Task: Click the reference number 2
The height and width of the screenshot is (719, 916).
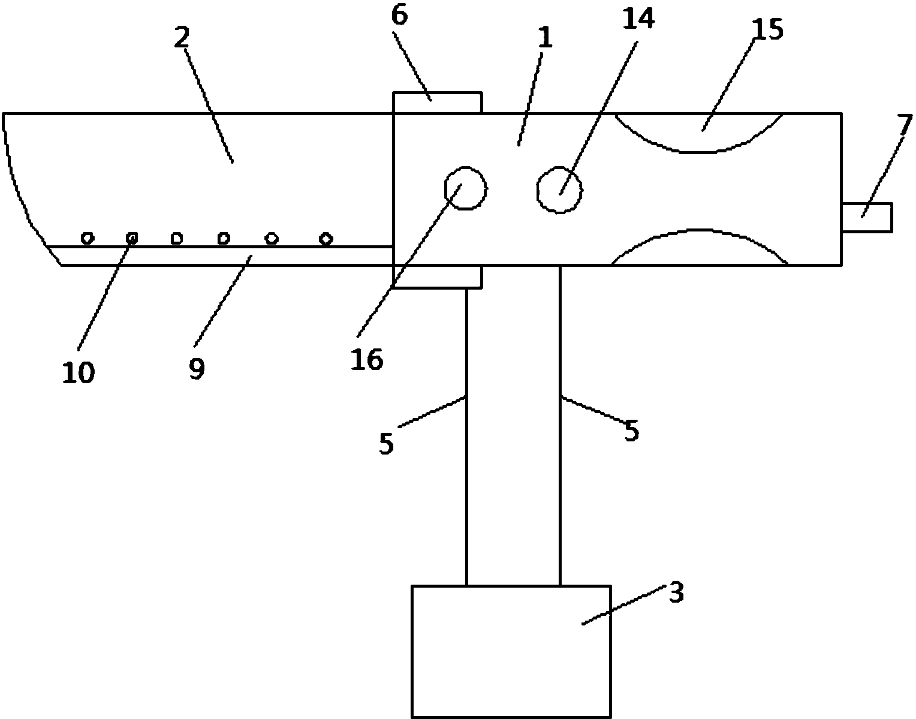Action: [182, 38]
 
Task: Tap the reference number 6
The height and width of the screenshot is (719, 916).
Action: [400, 16]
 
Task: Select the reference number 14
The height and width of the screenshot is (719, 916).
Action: [638, 19]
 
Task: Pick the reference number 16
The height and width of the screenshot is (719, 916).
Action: [367, 360]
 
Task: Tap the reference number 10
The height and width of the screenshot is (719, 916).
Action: [79, 372]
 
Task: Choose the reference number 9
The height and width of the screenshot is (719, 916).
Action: [197, 369]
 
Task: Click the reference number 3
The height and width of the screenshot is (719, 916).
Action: [676, 592]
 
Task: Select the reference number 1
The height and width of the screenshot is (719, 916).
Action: [546, 38]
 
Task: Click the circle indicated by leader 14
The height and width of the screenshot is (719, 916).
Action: [560, 189]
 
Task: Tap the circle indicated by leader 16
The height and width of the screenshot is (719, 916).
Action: [466, 188]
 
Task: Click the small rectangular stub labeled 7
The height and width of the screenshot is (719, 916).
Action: [867, 217]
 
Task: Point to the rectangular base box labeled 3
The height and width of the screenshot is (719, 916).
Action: [511, 651]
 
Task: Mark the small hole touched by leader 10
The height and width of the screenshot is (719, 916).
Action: [132, 239]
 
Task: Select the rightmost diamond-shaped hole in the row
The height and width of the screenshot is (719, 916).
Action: [326, 239]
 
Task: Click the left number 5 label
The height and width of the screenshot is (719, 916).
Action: [386, 444]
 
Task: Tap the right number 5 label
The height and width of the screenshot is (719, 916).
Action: [631, 431]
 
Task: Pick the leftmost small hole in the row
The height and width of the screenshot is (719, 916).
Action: [88, 238]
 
